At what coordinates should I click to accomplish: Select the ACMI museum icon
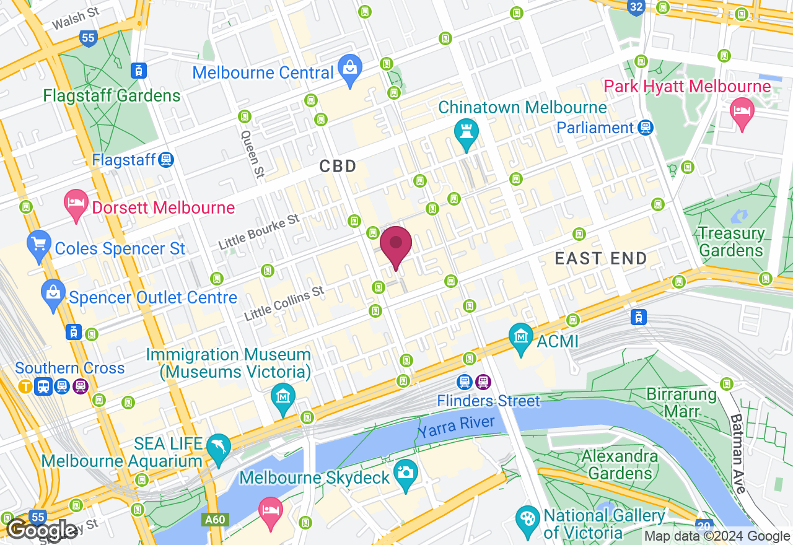(x=520, y=338)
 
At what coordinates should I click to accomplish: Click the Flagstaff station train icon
(x=165, y=160)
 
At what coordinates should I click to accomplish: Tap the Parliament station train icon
(x=646, y=128)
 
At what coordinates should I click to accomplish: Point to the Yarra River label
(x=455, y=426)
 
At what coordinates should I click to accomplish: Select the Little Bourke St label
(x=258, y=232)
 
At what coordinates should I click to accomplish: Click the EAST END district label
(x=600, y=258)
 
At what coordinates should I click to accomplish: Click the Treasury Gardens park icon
(x=739, y=217)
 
